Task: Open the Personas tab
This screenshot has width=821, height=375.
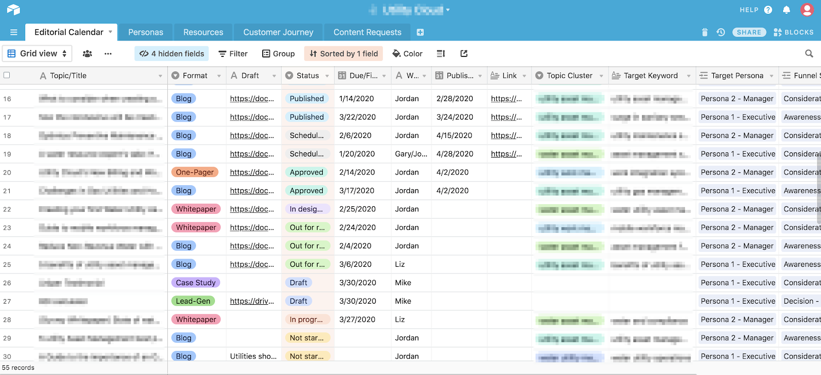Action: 146,32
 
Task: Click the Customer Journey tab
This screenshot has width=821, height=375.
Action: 278,32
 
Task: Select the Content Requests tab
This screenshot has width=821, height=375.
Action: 367,32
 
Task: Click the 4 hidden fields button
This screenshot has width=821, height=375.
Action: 172,54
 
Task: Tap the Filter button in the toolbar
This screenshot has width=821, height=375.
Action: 233,54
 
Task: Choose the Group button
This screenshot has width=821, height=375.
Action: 278,54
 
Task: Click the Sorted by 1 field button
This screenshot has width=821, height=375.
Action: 344,54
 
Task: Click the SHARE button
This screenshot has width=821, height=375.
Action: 749,32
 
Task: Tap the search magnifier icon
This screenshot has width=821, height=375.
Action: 809,54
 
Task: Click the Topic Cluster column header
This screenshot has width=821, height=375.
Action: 569,76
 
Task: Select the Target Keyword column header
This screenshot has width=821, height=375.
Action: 650,76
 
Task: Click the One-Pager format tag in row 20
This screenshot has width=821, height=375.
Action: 194,172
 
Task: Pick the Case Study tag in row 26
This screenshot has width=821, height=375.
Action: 196,283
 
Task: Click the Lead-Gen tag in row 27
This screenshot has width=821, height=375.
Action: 193,301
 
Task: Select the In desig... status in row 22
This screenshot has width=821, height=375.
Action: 306,209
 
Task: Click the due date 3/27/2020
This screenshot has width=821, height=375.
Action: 358,320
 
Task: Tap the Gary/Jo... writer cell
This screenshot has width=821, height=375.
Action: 411,154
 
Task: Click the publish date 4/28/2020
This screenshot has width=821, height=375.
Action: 455,154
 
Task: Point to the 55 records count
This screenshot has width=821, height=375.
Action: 18,368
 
